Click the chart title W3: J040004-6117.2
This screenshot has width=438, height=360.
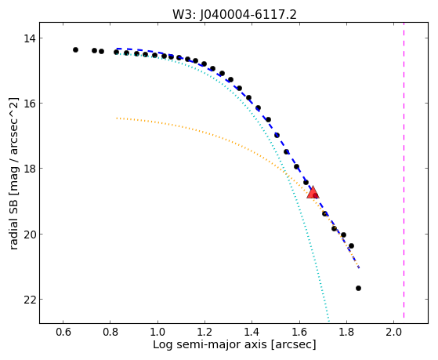234,14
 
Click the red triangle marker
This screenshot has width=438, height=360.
313,192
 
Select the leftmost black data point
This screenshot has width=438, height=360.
75,49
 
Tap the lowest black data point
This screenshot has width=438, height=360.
358,288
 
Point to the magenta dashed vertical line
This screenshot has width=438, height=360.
404,170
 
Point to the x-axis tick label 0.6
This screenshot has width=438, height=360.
63,332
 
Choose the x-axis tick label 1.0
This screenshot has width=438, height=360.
157,332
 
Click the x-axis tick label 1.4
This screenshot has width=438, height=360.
252,332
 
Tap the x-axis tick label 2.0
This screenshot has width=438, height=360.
393,332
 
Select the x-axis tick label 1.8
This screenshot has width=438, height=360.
346,332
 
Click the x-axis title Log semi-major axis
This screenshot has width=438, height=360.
209,344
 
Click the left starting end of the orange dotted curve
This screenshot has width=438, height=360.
117,118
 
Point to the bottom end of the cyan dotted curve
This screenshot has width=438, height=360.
329,321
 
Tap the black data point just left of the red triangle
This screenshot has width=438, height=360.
306,183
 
